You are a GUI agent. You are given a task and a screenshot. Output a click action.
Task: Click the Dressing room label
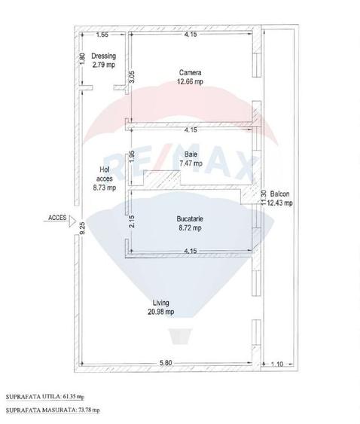(x=103, y=56)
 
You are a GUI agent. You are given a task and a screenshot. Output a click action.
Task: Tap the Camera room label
(x=189, y=73)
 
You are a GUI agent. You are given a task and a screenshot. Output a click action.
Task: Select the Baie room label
(x=191, y=154)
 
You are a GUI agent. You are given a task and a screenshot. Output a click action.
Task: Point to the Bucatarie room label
(x=191, y=218)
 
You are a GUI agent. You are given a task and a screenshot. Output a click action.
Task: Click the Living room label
(x=160, y=304)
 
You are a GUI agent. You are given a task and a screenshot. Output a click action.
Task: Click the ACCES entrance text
(x=56, y=218)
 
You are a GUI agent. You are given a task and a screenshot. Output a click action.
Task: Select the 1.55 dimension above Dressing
(x=102, y=35)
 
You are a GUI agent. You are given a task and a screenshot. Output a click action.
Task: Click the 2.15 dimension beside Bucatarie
(x=132, y=221)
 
